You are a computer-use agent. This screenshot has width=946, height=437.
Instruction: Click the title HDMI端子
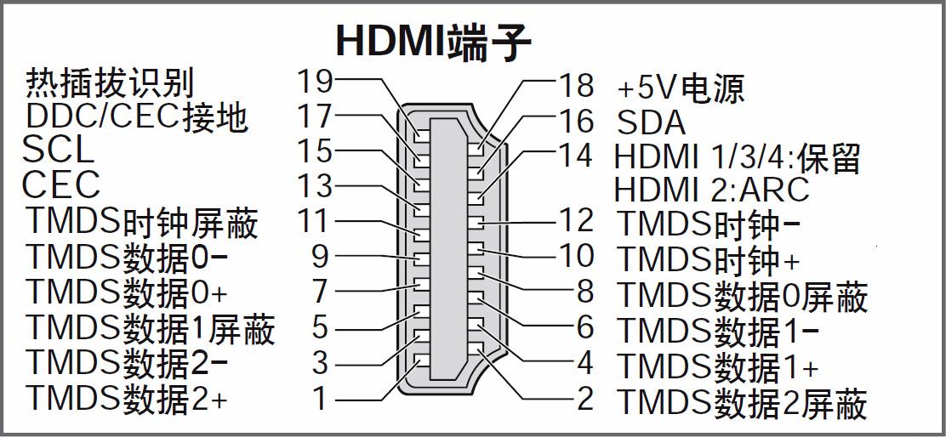pos(434,41)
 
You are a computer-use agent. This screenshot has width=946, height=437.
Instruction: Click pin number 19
pos(314,82)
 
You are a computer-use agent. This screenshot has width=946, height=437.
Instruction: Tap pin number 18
pos(575,85)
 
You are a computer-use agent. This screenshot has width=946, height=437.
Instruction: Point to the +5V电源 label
pos(680,88)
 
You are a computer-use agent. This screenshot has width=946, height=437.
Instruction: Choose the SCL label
pos(58,150)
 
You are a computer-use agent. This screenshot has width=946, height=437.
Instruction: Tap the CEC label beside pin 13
pos(61,185)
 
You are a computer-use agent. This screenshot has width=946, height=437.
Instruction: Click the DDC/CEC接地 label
pos(137,116)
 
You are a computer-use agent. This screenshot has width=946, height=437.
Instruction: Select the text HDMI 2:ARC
pos(711,189)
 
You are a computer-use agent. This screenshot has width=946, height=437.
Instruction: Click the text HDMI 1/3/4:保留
pos(737,158)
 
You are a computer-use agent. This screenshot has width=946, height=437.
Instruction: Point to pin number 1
pos(320,398)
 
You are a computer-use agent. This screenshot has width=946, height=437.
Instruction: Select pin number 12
pos(575,221)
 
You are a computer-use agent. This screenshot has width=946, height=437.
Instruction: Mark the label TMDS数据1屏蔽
pos(151,328)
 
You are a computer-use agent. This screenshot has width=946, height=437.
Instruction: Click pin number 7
pos(320,292)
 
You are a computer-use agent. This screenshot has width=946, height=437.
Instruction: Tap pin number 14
pos(575,156)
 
